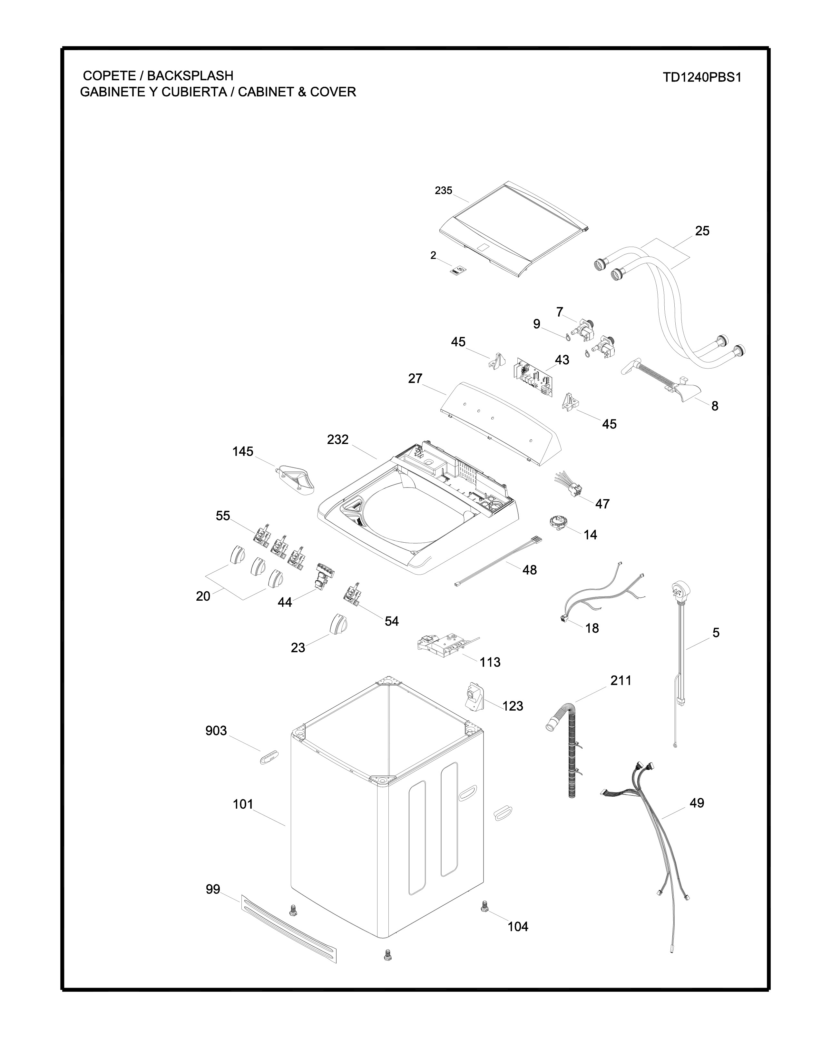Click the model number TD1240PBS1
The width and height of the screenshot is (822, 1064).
point(701,78)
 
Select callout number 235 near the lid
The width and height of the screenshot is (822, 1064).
point(443,191)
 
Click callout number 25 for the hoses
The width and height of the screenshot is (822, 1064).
point(702,231)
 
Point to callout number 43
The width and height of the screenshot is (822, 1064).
point(562,360)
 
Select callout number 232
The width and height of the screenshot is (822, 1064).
point(338,440)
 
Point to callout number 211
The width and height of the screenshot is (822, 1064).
point(621,681)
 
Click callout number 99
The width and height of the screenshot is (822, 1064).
point(213,890)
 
